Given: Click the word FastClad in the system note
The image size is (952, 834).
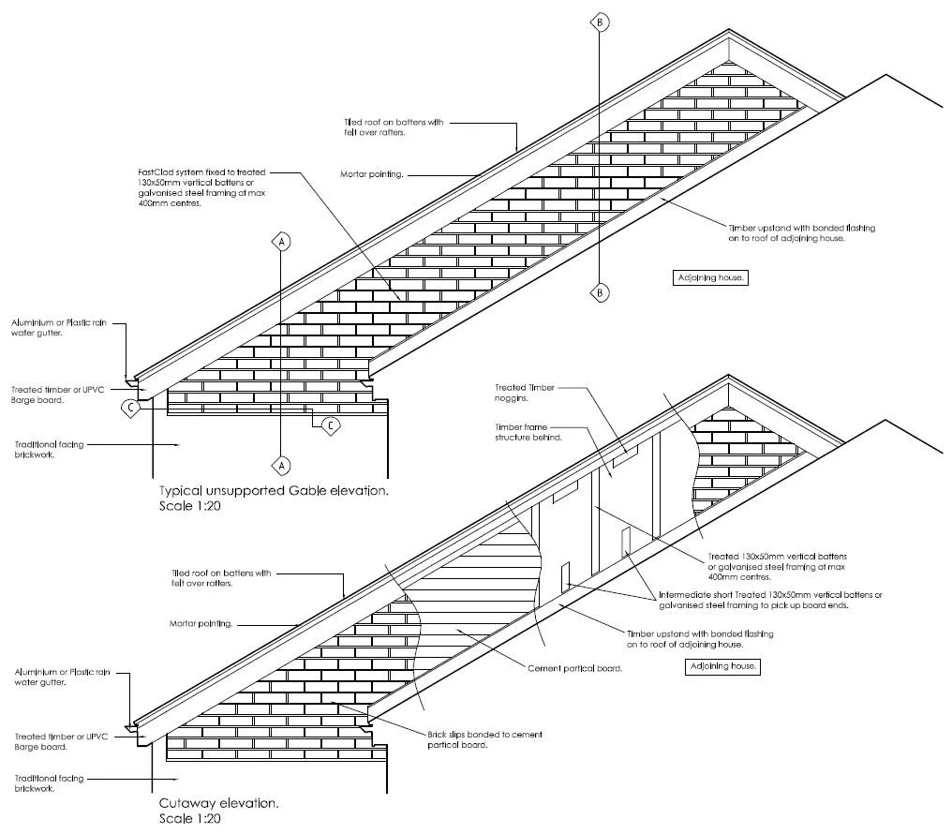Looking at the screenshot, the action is pos(154,173).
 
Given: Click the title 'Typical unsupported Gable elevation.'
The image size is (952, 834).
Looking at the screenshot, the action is pos(273,491).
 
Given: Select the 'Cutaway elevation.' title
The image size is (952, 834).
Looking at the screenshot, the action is pos(218,803).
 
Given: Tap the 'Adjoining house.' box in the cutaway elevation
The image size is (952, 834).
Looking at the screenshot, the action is pos(721,667).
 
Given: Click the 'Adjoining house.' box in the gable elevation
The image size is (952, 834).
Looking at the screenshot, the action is pos(711,277).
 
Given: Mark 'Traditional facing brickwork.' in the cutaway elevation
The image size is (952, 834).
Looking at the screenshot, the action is pos(49,782).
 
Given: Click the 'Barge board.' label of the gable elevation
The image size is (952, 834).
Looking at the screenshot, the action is pos(38,399).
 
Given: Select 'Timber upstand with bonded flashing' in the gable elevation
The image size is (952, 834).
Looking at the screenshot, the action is pos(802,228).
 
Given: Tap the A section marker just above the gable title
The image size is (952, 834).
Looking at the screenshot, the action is pos(281,464).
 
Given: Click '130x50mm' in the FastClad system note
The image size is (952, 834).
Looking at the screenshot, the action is pos(156,183).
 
